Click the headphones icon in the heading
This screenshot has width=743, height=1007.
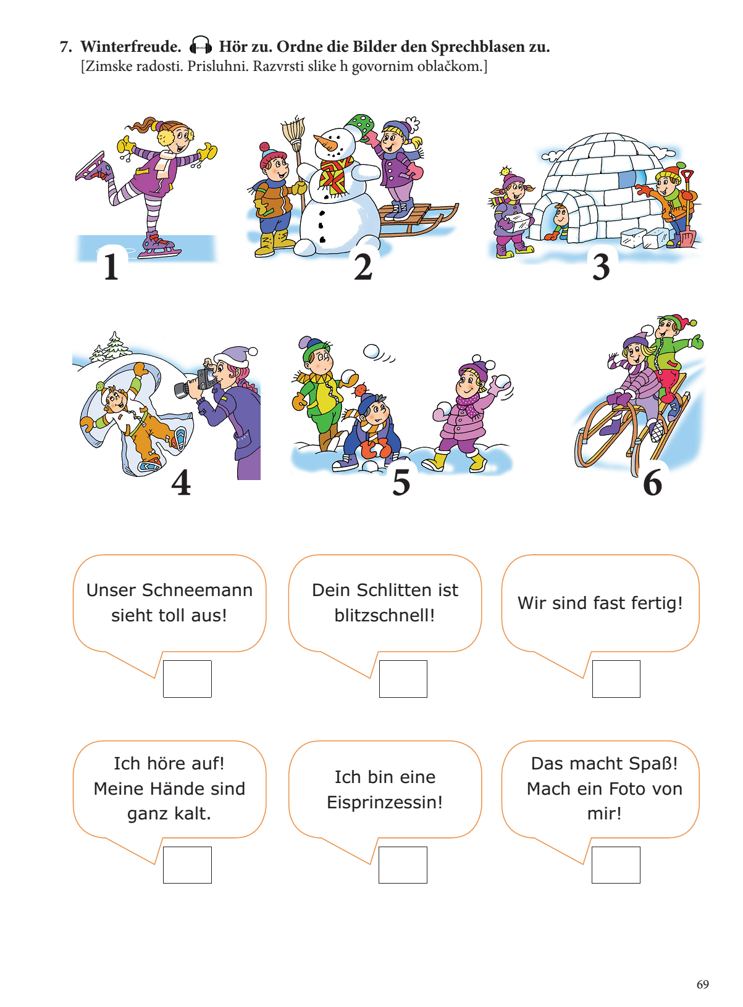200,46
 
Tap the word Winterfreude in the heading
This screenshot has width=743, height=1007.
130,46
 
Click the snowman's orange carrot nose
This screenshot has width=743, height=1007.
324,143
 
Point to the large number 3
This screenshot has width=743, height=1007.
601,268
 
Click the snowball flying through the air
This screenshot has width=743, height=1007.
372,352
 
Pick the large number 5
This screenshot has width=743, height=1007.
401,483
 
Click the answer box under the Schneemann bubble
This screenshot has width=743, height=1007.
187,679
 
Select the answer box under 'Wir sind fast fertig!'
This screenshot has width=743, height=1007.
616,679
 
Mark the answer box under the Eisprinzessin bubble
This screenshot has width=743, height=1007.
403,865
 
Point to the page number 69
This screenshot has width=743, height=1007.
702,984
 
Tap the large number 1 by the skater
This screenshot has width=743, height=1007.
111,267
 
